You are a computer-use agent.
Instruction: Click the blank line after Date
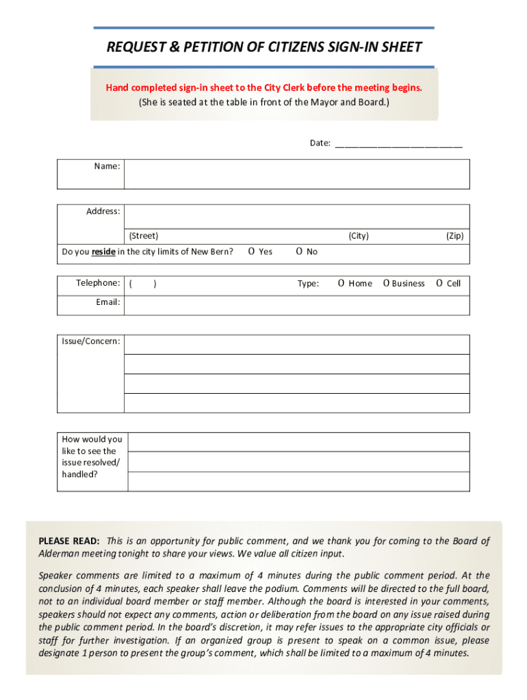(398, 144)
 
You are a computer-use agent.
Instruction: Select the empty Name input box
(296, 174)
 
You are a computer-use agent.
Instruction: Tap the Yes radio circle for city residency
(252, 252)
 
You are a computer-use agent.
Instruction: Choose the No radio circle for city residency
(300, 252)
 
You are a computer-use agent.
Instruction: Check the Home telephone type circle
(341, 283)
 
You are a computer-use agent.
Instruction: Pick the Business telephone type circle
(387, 283)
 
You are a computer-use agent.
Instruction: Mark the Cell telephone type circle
(439, 283)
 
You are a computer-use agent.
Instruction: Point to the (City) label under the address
(359, 236)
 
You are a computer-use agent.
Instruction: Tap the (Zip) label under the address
(455, 236)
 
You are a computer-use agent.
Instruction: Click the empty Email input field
(296, 305)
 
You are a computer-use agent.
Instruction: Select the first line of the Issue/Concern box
(296, 345)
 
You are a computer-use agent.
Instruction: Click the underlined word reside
(103, 252)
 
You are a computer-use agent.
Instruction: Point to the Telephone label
(98, 283)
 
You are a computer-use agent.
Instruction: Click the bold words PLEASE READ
(69, 541)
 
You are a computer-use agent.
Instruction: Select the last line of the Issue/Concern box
(296, 403)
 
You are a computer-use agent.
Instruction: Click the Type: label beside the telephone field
(308, 283)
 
